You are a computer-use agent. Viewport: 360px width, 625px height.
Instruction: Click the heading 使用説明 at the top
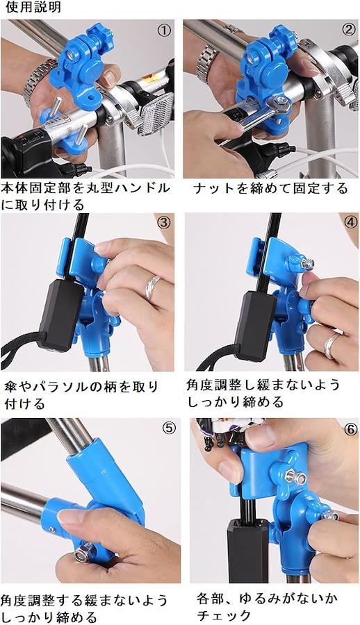33,7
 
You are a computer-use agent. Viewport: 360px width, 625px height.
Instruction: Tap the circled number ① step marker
164,31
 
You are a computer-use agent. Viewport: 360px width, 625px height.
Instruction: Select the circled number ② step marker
348,29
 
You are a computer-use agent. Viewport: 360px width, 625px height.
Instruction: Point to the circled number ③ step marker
163,223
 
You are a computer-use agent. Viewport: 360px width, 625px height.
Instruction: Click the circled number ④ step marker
350,222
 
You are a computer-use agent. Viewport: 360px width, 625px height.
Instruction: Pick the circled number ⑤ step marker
169,428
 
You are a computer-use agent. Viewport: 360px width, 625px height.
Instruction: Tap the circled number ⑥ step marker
350,430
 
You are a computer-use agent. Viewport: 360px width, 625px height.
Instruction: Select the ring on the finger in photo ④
332,345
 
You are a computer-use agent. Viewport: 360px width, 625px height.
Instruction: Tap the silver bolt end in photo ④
308,263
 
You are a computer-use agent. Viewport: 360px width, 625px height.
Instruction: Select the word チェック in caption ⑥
224,615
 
